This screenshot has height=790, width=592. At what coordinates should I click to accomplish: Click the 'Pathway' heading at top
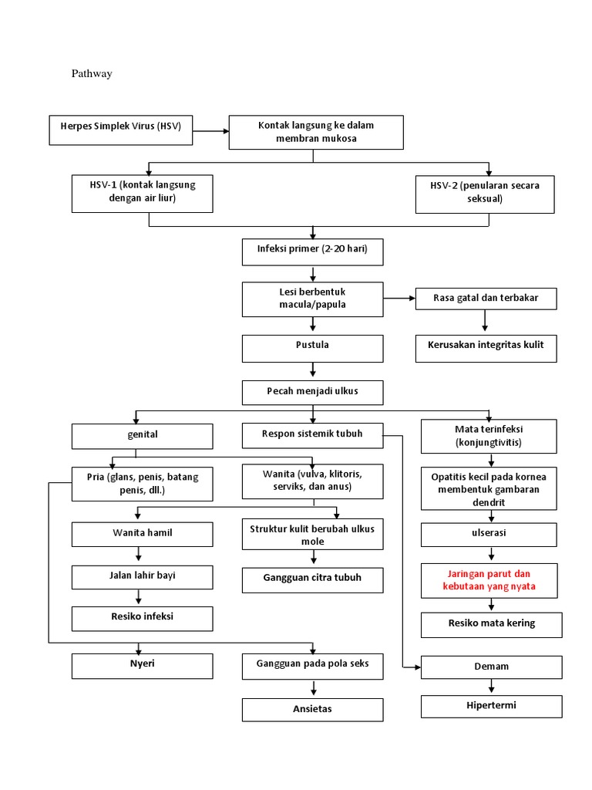point(92,74)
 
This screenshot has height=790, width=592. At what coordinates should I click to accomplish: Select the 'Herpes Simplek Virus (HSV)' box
point(119,130)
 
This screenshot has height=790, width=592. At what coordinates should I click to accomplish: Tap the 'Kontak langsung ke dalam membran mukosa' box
point(316,132)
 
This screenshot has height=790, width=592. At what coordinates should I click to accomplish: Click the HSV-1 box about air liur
point(143,193)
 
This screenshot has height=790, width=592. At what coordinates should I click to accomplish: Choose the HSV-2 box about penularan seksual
point(485,193)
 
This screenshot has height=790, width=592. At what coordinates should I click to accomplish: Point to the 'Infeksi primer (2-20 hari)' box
point(312,252)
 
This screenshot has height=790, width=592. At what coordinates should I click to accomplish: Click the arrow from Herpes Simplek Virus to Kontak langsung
point(210,131)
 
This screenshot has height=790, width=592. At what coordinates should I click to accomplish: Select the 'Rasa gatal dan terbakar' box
point(486,299)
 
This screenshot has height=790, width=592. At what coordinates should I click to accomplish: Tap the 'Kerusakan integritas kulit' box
point(486,348)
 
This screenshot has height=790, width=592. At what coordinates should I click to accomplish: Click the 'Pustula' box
point(312,348)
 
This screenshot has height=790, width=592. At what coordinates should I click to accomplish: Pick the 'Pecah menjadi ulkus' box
point(312,392)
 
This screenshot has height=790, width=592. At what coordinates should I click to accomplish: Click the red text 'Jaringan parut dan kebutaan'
point(489,580)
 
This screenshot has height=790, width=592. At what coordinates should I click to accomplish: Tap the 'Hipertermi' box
point(491,706)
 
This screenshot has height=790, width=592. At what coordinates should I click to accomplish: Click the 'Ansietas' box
point(312,709)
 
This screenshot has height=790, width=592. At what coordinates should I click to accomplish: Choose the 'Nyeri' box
point(143,667)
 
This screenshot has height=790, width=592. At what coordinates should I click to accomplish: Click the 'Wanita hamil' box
point(143,534)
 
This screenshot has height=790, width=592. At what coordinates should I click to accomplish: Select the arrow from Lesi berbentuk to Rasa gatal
point(399,298)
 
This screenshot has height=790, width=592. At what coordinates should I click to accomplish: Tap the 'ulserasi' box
point(489,534)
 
